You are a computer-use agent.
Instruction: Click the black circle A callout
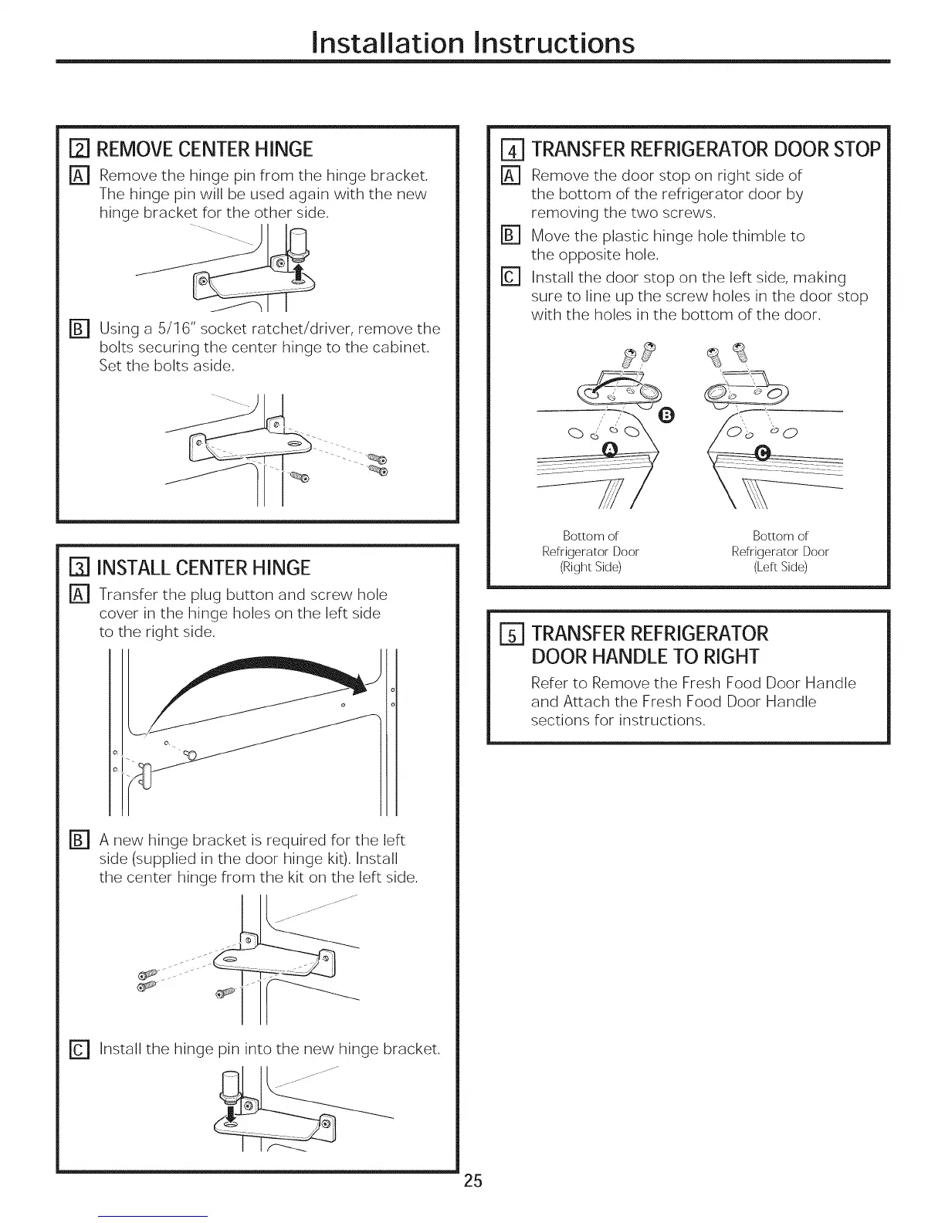pyautogui.click(x=611, y=451)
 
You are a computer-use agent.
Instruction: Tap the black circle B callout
pyautogui.click(x=668, y=418)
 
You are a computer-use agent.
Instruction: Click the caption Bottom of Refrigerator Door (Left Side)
pyautogui.click(x=780, y=551)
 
